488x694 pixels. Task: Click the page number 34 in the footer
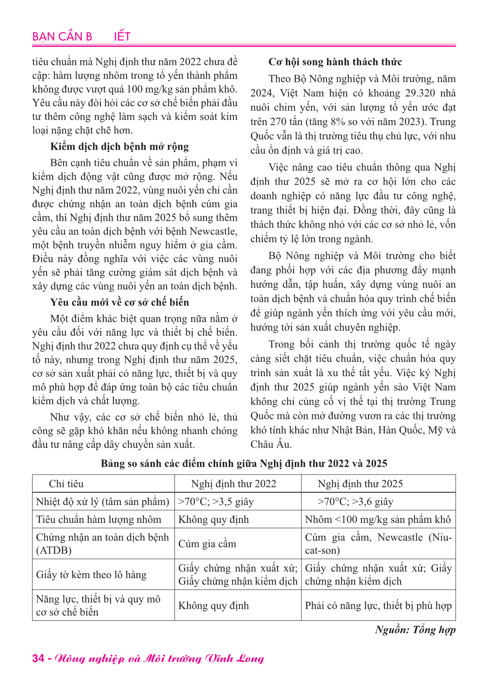coord(38,658)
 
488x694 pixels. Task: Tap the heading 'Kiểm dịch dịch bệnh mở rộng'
coord(119,147)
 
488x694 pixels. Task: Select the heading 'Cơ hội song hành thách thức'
coord(335,62)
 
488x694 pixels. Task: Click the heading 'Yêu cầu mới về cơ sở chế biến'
coord(119,302)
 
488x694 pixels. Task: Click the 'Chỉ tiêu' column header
coord(66,484)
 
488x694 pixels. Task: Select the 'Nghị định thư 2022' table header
coord(234,484)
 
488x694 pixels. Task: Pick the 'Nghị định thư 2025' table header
coord(360,484)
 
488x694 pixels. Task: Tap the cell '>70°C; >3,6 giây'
coord(355,502)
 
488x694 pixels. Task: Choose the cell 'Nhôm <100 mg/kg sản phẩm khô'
coord(378,519)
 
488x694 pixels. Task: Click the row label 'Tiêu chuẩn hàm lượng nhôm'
coord(99,519)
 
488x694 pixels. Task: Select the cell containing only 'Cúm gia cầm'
coord(207,544)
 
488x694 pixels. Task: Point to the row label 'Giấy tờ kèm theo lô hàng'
coord(91,575)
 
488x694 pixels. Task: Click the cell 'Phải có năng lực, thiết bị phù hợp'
coord(378,606)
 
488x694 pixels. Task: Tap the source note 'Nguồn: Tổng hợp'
coord(415,630)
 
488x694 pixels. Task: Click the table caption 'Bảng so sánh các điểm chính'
coord(244,463)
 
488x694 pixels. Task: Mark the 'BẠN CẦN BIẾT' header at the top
coord(81,37)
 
